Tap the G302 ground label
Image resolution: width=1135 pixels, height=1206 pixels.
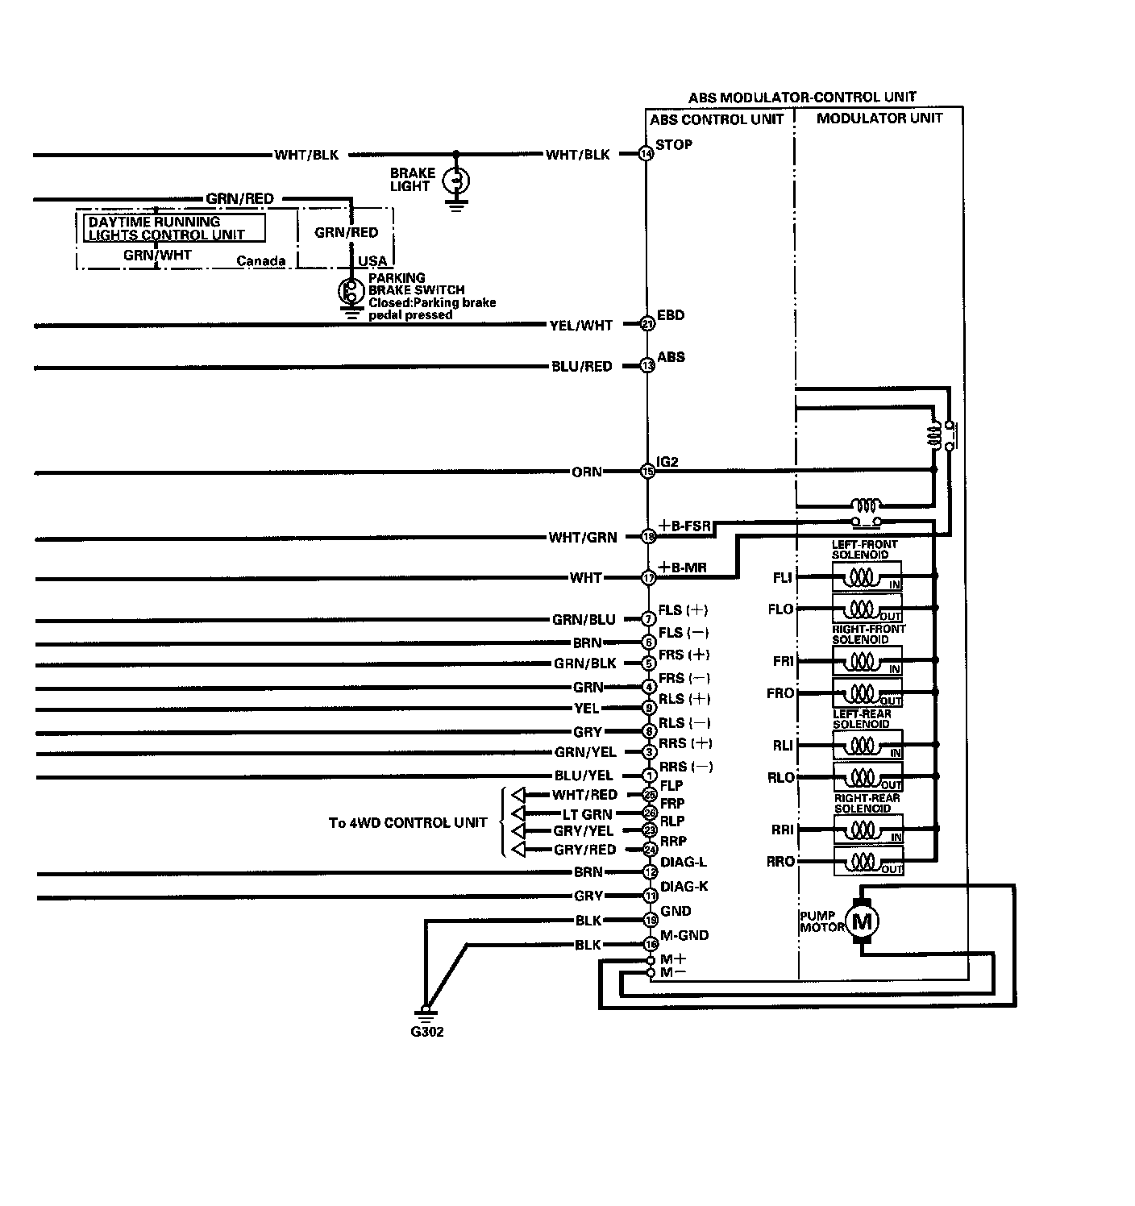tap(426, 1032)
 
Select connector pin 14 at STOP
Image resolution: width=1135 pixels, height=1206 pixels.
tap(646, 153)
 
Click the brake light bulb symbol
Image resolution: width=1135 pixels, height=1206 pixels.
tap(456, 180)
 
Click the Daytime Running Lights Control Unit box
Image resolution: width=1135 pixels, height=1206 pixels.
tap(175, 228)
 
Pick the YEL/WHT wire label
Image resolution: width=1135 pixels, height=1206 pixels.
tap(581, 326)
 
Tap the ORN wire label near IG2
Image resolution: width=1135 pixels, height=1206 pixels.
tap(587, 472)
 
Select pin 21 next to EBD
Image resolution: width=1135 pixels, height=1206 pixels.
tap(647, 324)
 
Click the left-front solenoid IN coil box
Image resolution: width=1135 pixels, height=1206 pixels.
tap(867, 576)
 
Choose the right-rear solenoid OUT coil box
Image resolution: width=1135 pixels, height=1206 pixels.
tap(867, 862)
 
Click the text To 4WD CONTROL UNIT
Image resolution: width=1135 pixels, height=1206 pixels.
tap(408, 823)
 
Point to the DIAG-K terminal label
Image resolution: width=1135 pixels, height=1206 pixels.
tap(684, 887)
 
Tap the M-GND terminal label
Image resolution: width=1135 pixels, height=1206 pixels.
tap(684, 935)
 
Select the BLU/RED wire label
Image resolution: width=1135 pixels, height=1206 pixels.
tap(581, 366)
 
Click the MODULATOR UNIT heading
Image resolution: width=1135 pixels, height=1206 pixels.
tap(879, 119)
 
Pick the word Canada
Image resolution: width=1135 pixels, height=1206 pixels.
tap(261, 261)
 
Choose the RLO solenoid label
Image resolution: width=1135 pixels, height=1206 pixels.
tap(781, 778)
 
